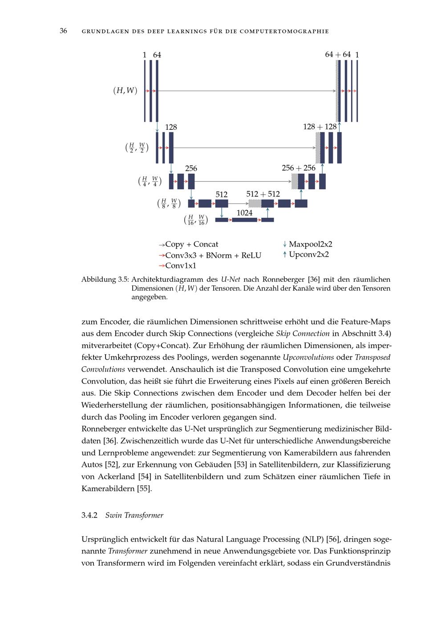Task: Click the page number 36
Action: (x=63, y=31)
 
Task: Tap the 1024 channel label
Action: (x=244, y=213)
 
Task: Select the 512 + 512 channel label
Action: (x=263, y=194)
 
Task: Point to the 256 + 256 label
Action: (x=298, y=168)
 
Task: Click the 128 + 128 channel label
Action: (x=320, y=127)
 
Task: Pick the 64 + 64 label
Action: (x=338, y=54)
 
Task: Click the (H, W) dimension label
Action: (x=125, y=91)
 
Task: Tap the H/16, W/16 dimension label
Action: (x=195, y=220)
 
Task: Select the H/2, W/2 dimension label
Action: (x=137, y=148)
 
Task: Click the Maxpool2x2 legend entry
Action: (x=310, y=244)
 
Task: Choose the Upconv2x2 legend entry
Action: (x=308, y=255)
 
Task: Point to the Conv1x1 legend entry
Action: (x=180, y=266)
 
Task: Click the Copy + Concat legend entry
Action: (x=191, y=244)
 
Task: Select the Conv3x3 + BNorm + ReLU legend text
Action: (x=213, y=255)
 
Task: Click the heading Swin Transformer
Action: (x=134, y=515)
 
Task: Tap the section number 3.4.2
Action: (x=89, y=515)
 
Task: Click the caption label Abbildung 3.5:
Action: (x=105, y=280)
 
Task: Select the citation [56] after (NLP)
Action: (x=332, y=539)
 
